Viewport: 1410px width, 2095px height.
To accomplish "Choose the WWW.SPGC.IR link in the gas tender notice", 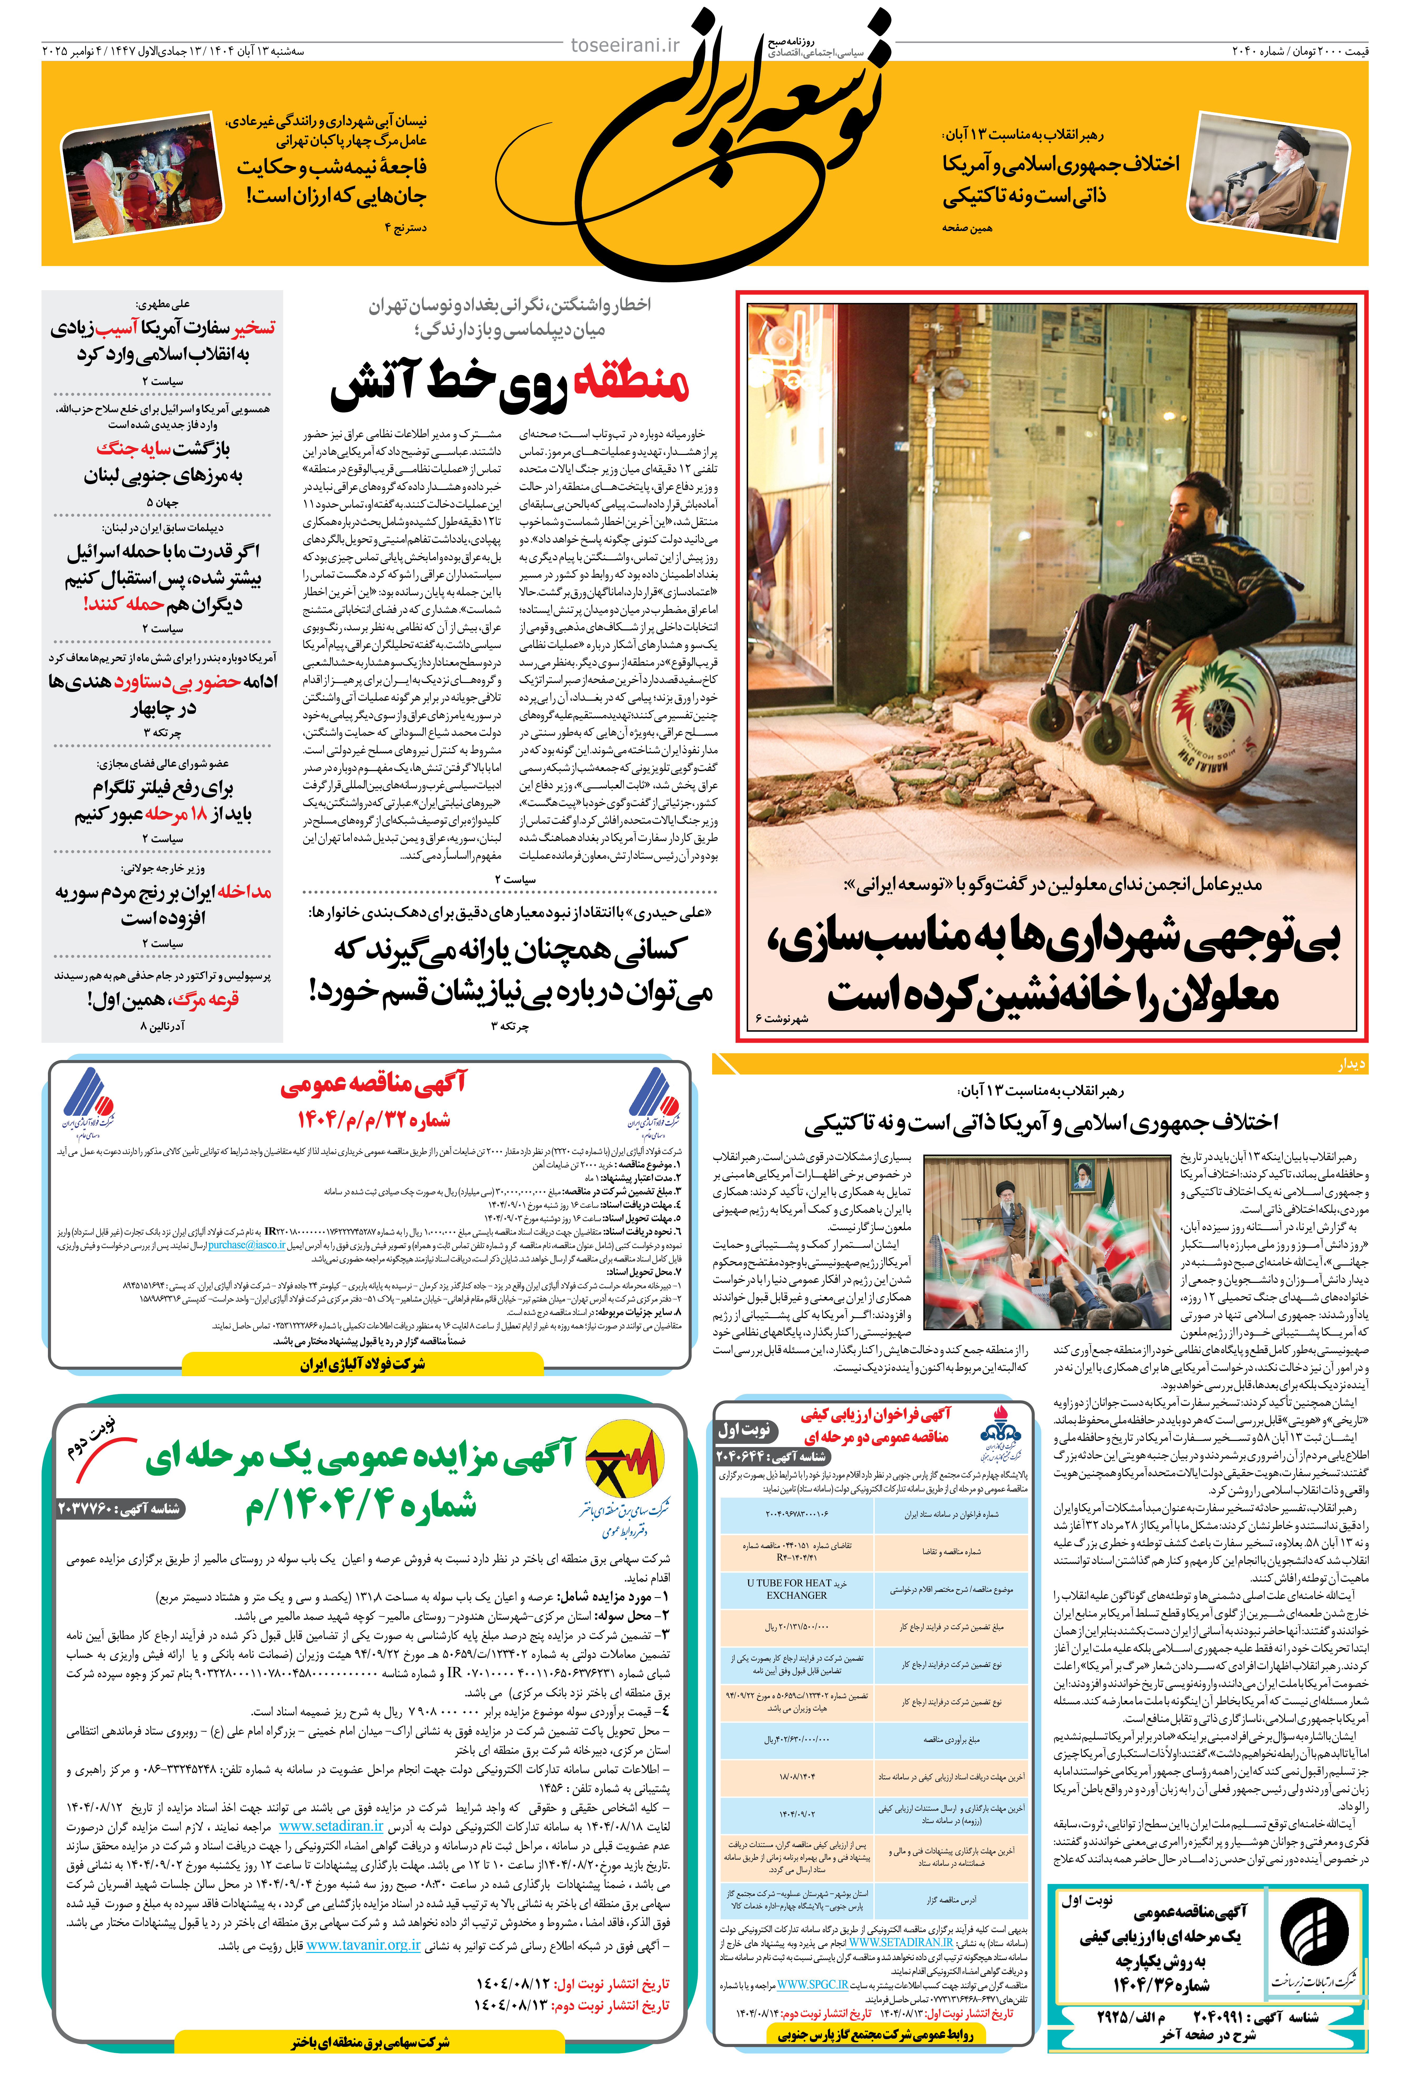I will pos(812,1984).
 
